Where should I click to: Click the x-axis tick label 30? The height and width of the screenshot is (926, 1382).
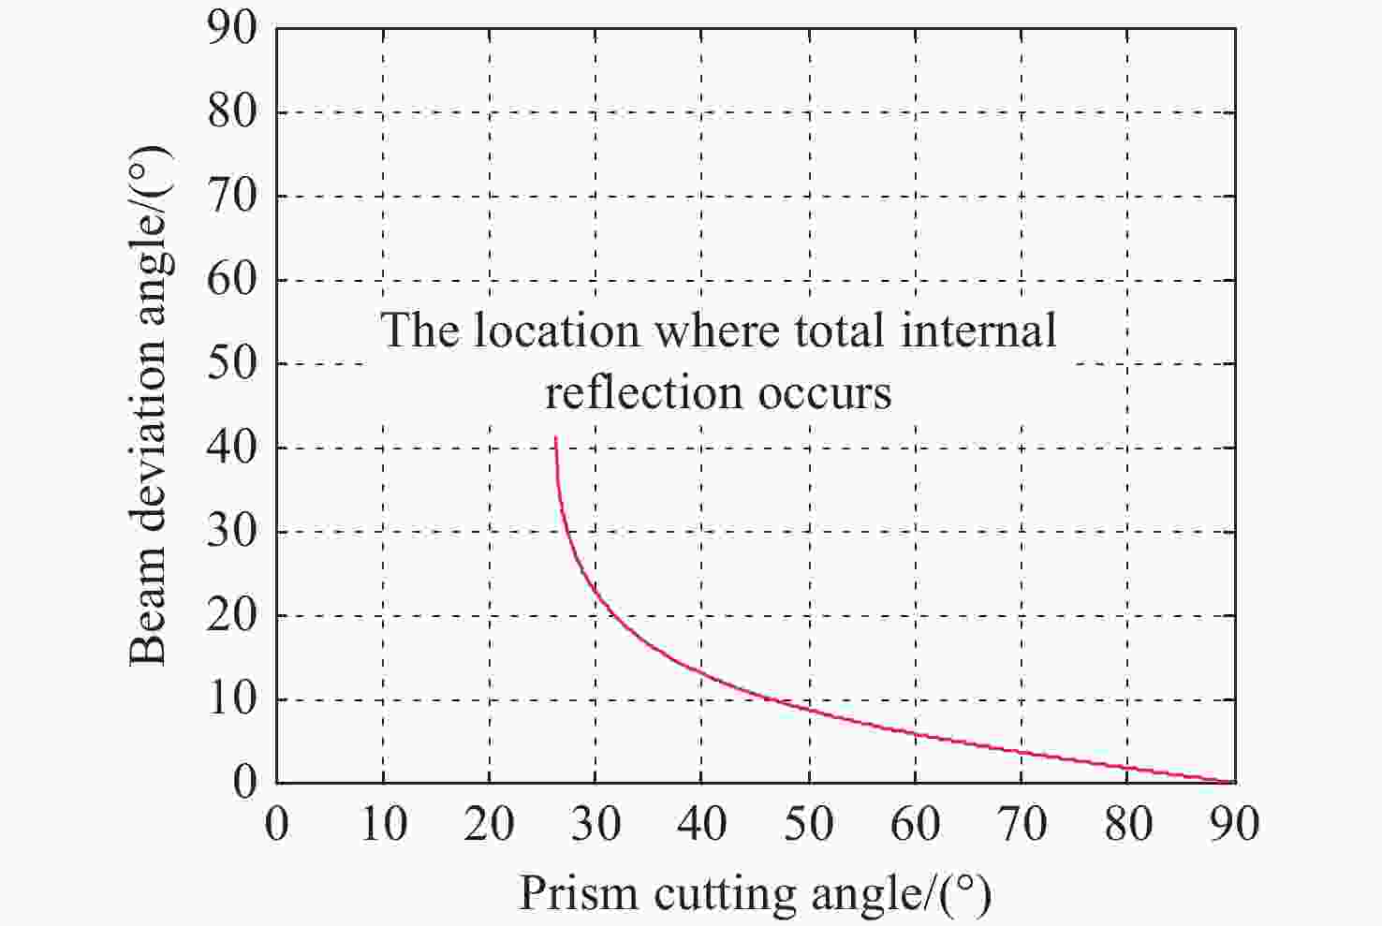point(595,824)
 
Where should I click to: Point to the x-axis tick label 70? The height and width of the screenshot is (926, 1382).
point(1022,824)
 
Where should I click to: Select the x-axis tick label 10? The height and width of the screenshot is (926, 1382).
point(383,824)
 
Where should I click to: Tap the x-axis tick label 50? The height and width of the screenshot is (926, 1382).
point(809,824)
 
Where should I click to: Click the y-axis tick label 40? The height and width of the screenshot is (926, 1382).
point(231,447)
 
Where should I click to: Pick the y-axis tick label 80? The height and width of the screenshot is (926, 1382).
point(231,111)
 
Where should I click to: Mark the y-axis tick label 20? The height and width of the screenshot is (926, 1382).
point(231,615)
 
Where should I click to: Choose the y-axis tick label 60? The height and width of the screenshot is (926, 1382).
point(231,279)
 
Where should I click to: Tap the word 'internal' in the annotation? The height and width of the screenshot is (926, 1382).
point(978,331)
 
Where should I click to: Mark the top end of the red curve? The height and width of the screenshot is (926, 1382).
point(556,437)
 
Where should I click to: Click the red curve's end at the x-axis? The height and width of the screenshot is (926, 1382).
point(1233,782)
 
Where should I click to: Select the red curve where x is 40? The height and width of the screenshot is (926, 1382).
point(702,672)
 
